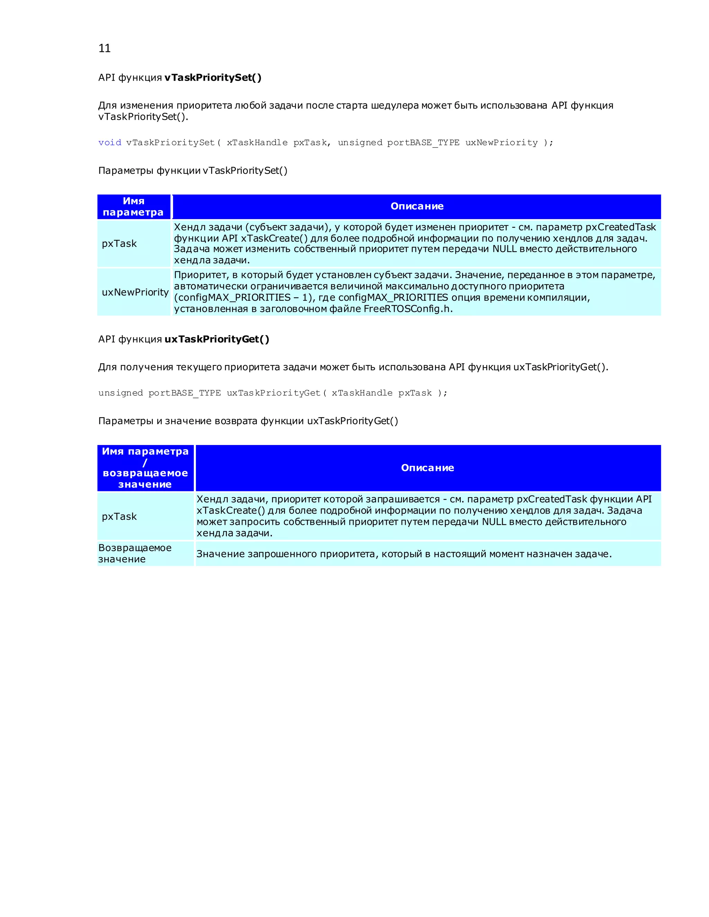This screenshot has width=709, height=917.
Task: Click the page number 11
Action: (x=104, y=48)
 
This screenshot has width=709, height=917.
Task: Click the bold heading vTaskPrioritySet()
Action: (x=213, y=78)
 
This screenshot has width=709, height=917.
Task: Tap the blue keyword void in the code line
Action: (x=110, y=143)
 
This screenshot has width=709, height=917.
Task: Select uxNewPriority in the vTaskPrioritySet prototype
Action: (x=501, y=143)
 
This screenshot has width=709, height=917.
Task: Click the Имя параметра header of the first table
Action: (x=134, y=207)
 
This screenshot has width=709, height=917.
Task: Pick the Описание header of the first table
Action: (x=417, y=206)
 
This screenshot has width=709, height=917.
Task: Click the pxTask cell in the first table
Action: (x=119, y=244)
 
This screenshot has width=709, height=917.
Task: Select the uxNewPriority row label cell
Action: (x=135, y=292)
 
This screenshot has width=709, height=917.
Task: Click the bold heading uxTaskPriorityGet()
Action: (x=217, y=339)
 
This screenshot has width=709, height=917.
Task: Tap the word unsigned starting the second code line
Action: (x=120, y=393)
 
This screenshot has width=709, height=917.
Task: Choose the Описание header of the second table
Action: (x=427, y=468)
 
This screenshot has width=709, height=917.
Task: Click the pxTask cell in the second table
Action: (x=119, y=516)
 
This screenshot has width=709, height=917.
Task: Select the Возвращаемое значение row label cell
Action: (x=134, y=553)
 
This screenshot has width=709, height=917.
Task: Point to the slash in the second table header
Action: (x=145, y=463)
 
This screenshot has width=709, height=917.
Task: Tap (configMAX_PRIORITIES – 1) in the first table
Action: (x=244, y=298)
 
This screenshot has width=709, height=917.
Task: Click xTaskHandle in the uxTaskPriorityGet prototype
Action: (x=362, y=393)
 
